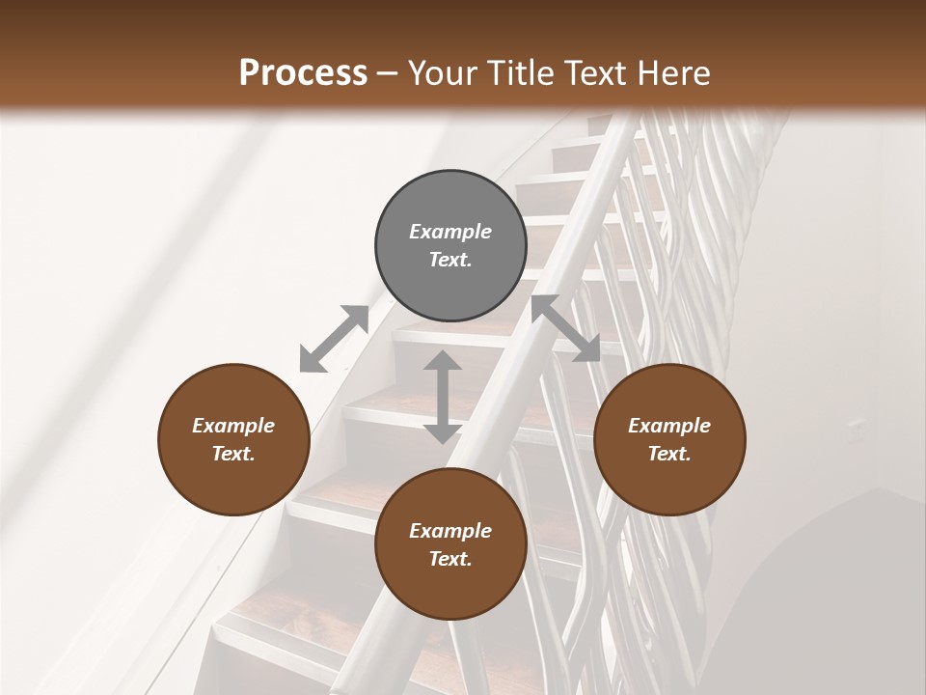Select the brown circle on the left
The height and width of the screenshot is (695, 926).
[x=233, y=439]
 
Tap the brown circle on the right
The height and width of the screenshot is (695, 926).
[x=669, y=439]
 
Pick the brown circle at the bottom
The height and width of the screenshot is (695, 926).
[x=450, y=544]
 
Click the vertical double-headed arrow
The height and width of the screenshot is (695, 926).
[x=443, y=397]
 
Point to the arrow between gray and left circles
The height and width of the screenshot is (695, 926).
[x=335, y=339]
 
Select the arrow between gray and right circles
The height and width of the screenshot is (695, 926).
[x=565, y=328]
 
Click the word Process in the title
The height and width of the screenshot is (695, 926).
[x=303, y=72]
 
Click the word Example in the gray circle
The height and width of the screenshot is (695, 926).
[x=450, y=232]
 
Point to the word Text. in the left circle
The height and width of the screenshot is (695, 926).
[x=233, y=454]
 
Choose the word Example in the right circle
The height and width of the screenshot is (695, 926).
[x=669, y=426]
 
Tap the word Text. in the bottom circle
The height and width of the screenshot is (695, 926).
[x=450, y=559]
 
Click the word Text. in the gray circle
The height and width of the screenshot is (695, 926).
[x=450, y=260]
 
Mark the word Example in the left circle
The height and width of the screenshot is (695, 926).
[x=233, y=426]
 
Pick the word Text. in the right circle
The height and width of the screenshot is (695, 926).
[x=669, y=454]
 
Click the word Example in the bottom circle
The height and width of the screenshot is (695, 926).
[x=450, y=531]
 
